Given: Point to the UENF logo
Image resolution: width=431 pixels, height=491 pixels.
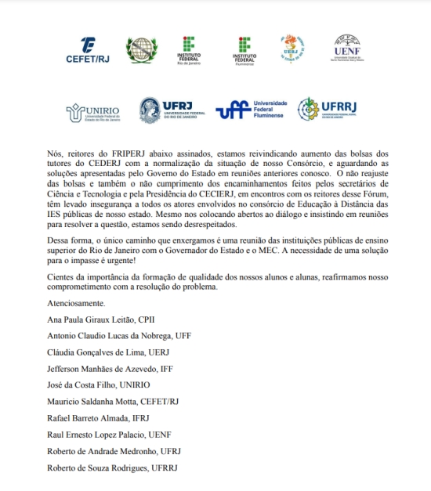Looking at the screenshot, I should [x=346, y=49].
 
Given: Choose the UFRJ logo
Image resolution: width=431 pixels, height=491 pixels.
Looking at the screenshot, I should [x=171, y=110].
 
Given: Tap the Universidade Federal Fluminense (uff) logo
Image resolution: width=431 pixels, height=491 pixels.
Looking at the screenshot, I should [x=252, y=110].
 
